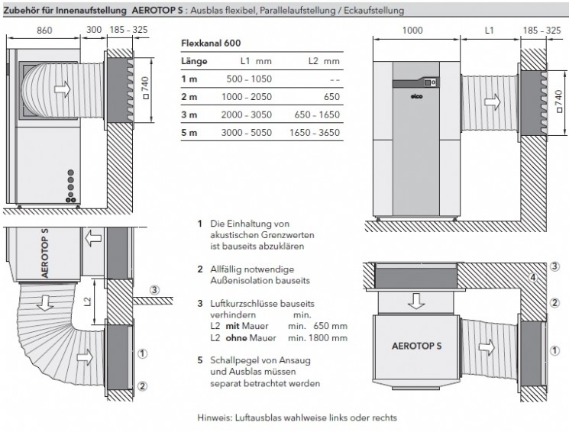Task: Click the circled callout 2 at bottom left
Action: click(x=141, y=384)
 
